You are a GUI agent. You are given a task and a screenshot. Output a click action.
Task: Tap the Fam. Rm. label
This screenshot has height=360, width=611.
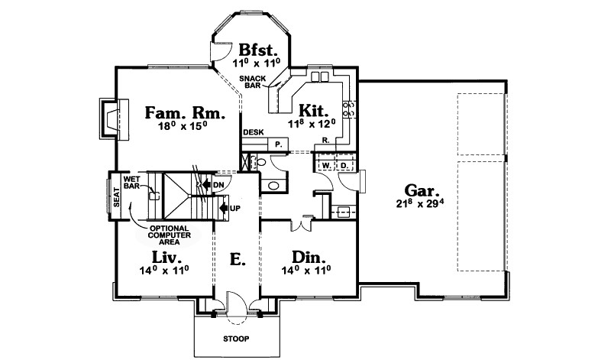tap(185, 113)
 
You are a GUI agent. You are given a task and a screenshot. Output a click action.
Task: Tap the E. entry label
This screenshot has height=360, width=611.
tap(238, 260)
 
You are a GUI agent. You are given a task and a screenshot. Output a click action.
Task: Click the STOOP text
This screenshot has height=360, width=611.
tap(237, 338)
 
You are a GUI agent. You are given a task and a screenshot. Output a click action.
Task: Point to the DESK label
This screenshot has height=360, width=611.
tap(253, 132)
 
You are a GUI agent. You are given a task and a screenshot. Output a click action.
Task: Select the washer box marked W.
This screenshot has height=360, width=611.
tap(325, 164)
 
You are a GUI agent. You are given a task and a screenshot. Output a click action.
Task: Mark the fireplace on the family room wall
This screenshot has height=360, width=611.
tap(111, 118)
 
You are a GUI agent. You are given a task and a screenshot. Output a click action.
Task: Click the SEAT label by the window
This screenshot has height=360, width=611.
tap(117, 197)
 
